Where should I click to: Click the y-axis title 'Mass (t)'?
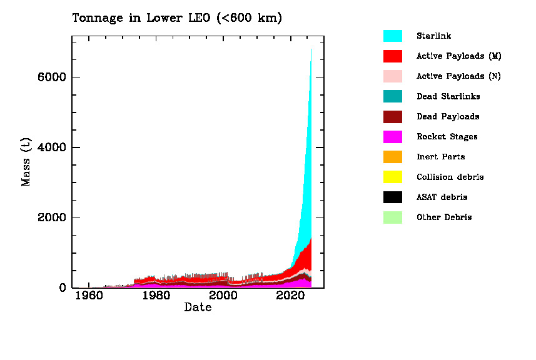(x=26, y=162)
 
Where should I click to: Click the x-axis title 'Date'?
(x=198, y=308)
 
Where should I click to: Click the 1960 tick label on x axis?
(x=88, y=296)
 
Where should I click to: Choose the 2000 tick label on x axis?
(x=223, y=296)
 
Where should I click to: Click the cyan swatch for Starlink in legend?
(x=393, y=36)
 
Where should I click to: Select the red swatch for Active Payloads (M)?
(x=393, y=56)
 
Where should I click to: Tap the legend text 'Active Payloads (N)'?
(x=459, y=76)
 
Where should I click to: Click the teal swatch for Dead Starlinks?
(x=393, y=96)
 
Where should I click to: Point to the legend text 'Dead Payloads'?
(x=448, y=117)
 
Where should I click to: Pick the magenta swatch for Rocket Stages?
(x=393, y=137)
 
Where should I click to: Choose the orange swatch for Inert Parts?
(x=393, y=157)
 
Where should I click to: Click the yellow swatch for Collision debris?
(x=393, y=177)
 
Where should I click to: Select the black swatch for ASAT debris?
(x=393, y=197)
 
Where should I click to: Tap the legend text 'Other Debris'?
(x=444, y=217)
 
